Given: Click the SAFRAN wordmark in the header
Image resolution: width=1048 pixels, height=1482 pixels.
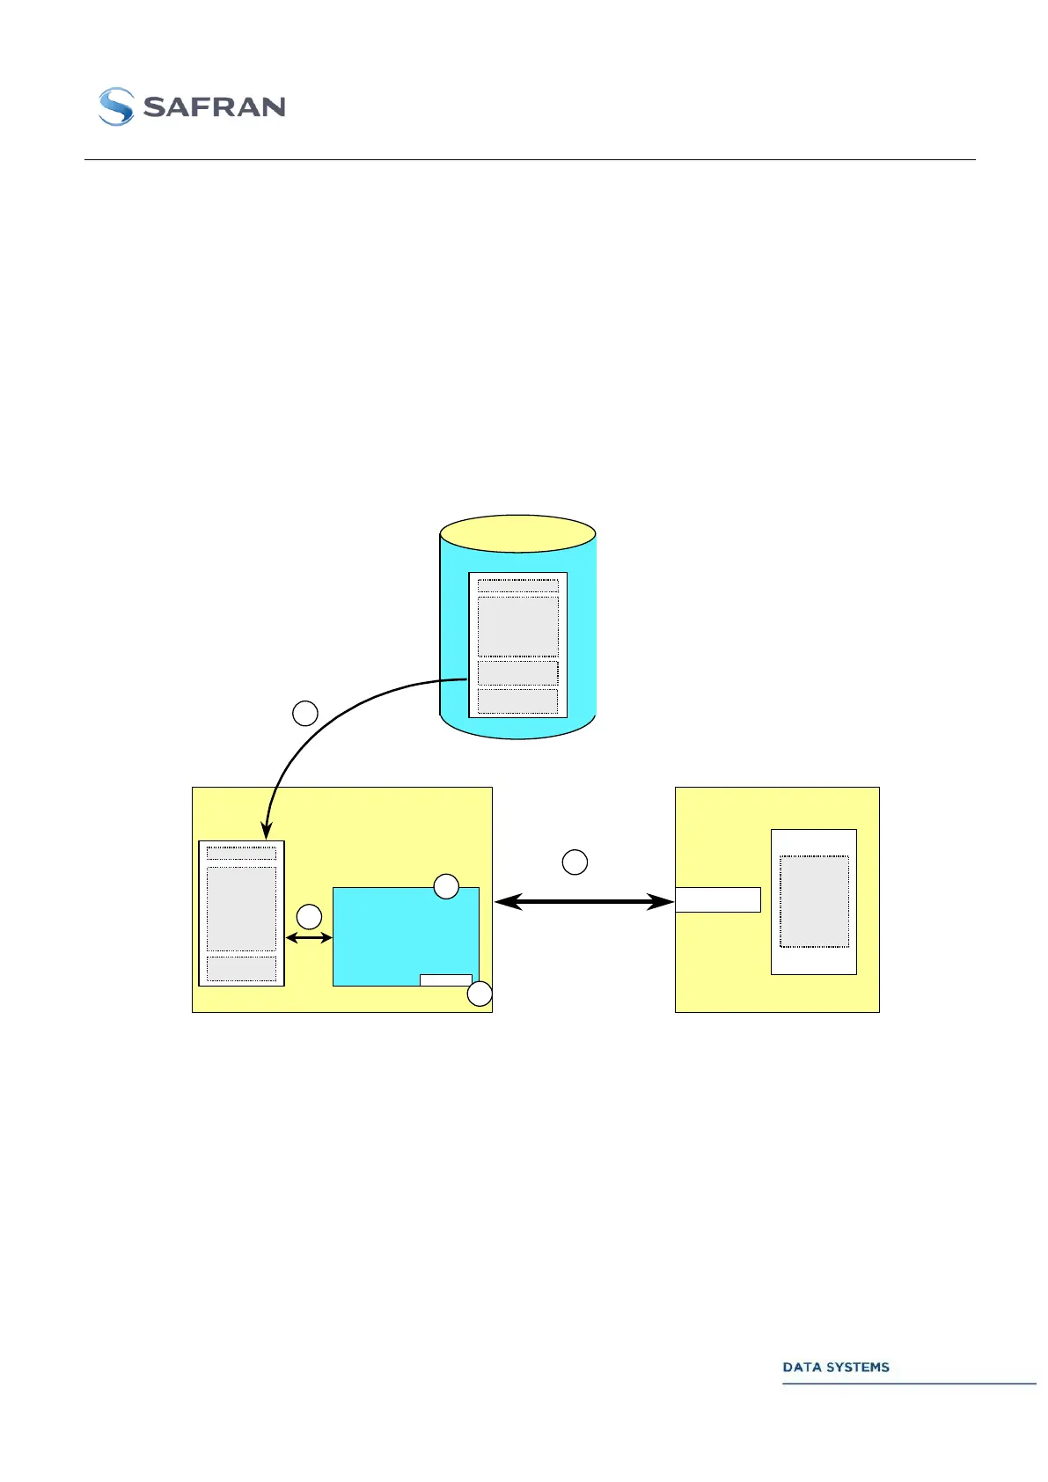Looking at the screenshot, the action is pos(214,107).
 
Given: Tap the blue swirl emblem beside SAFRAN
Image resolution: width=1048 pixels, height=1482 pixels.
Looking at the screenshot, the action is pos(116,106).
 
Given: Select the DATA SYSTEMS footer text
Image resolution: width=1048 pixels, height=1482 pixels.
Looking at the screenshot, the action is pos(835,1367).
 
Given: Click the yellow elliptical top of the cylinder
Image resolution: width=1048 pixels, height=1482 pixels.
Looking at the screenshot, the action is pos(517,533).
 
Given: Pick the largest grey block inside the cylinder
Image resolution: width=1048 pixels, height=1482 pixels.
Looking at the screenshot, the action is pos(517,627).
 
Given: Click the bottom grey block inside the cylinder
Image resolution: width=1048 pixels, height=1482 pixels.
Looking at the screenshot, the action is pos(517,701).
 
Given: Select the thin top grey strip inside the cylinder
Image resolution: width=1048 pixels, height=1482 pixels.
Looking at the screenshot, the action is pos(517,586).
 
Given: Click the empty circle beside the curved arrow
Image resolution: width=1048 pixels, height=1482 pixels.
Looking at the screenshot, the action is pos(305,713).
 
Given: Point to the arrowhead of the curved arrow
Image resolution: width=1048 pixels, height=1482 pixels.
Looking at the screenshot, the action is pos(267,831).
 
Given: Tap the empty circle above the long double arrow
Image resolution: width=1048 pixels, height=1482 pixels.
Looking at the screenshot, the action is pos(575,862).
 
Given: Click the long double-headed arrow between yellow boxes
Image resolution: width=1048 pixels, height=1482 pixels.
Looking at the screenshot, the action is pos(583,901).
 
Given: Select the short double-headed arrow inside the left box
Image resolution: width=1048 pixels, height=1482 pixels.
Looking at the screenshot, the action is pos(309,938).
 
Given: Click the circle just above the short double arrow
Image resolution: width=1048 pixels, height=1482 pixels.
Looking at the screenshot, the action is pos(309,917).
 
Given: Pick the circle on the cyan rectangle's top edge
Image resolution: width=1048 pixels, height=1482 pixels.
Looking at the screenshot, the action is pos(446,886).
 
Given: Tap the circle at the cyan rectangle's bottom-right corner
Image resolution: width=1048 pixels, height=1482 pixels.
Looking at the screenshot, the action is pos(480,994).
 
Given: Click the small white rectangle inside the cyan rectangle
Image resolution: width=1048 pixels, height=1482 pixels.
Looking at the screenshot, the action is pos(445,980).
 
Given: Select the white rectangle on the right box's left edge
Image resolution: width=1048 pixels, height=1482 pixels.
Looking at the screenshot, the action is pos(717,899).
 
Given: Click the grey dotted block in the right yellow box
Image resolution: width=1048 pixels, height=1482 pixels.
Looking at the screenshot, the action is pos(814,901).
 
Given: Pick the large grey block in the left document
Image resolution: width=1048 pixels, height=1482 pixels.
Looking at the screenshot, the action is pos(241,908).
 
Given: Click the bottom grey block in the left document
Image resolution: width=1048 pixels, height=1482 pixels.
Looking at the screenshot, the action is pos(241,968).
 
